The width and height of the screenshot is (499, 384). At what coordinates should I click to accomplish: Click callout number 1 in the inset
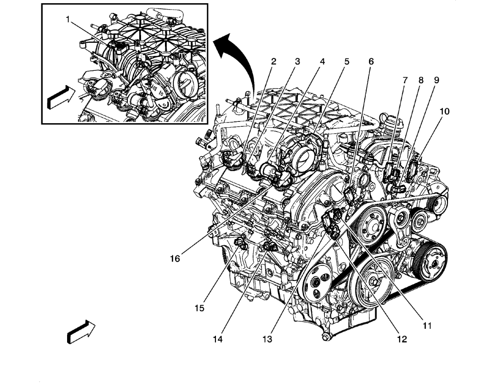click(x=68, y=20)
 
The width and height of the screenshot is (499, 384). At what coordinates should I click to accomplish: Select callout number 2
click(x=273, y=61)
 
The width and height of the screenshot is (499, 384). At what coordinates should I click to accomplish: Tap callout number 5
click(x=347, y=61)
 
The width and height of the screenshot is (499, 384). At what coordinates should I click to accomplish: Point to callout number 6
click(x=371, y=61)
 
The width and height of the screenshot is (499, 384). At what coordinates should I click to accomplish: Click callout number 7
click(x=405, y=80)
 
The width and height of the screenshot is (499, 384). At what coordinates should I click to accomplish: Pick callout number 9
click(x=436, y=80)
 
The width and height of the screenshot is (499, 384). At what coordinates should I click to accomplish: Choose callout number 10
click(x=444, y=111)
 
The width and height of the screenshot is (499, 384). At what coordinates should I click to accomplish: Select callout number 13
click(x=267, y=339)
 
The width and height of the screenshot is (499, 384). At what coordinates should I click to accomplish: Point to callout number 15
click(x=198, y=308)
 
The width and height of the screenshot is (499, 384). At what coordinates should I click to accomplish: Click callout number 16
click(x=175, y=258)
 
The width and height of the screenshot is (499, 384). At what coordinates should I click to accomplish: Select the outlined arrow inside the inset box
click(x=60, y=97)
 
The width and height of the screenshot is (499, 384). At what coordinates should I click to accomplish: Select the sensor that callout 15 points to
click(x=240, y=243)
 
